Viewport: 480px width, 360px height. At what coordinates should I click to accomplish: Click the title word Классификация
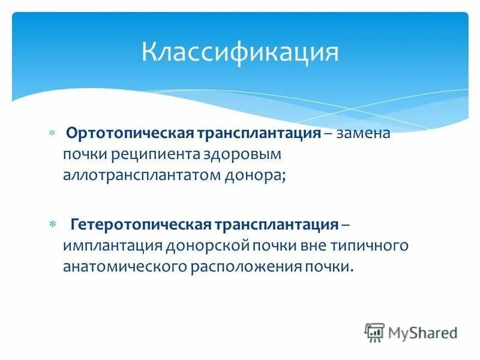[240, 52]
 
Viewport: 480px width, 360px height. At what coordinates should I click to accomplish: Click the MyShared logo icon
[374, 332]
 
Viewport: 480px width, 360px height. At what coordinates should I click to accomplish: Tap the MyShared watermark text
[423, 332]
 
